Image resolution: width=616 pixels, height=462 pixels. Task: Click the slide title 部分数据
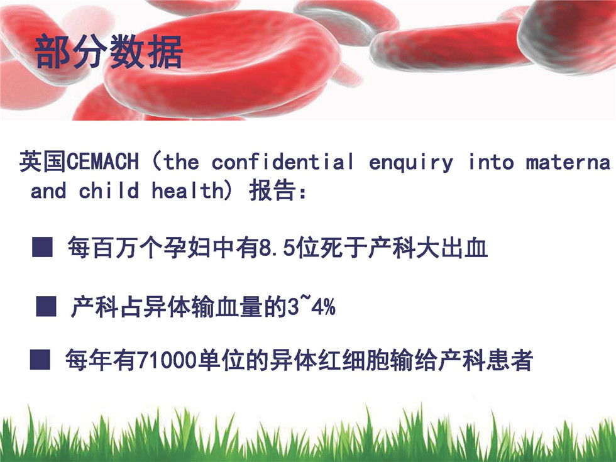point(109,52)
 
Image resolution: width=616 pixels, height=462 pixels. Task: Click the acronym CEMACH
point(103,162)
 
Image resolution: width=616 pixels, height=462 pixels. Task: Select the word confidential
point(282,162)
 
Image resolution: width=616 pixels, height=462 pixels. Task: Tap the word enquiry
point(410,163)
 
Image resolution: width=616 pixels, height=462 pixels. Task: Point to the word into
point(491,162)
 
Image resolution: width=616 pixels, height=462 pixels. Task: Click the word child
point(109,190)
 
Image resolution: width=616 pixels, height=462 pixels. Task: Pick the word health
point(188,190)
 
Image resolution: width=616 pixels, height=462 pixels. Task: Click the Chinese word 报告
point(272,190)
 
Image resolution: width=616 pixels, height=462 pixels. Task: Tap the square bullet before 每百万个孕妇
point(43,247)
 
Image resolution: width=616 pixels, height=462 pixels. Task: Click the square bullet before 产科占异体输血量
point(47,306)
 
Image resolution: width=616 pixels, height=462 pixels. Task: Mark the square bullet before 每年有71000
point(40,360)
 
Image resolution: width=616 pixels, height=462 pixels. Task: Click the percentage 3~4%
point(311,307)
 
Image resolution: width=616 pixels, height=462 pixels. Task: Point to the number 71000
point(167,360)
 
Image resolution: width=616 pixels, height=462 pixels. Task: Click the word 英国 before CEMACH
point(43,162)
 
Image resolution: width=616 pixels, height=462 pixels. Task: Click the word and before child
point(48,191)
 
